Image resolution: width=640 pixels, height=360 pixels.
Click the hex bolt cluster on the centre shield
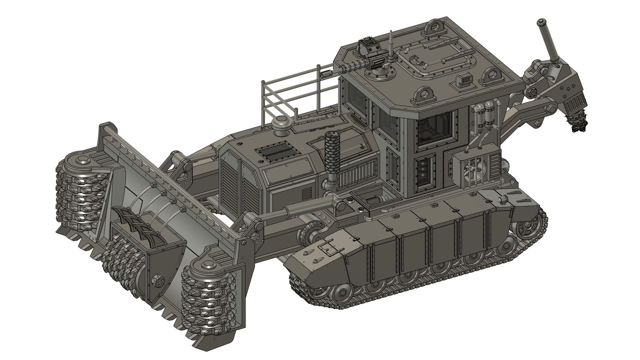157,281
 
